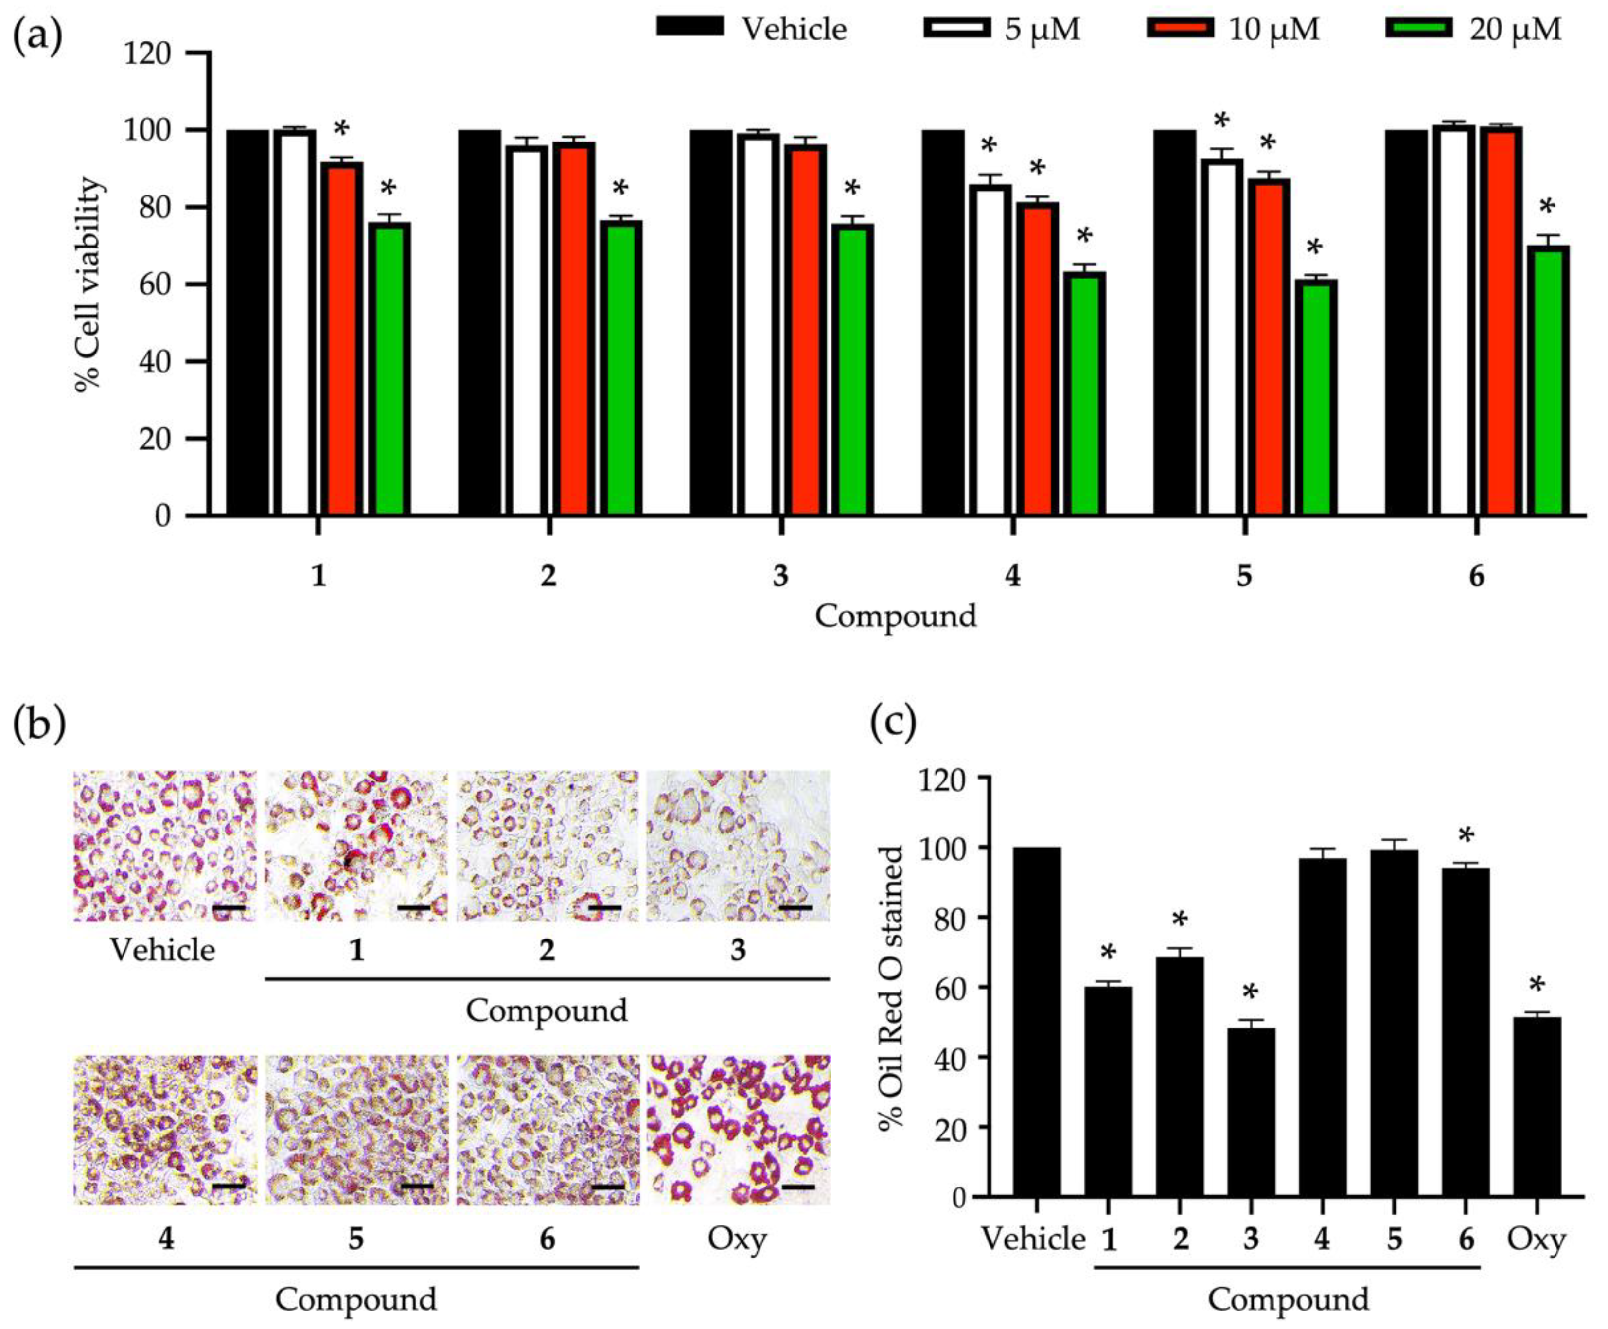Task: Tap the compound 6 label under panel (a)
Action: click(x=1476, y=575)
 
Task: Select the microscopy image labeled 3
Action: click(x=738, y=845)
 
